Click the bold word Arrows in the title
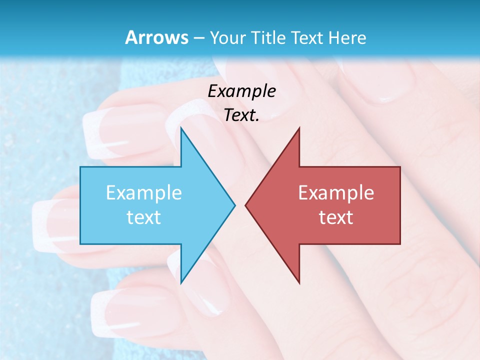(156, 37)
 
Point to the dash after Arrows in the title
(198, 38)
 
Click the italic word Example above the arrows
(241, 91)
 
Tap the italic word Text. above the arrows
(241, 115)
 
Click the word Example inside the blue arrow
(144, 192)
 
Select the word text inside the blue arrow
(144, 217)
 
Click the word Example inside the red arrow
(336, 192)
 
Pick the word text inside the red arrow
(336, 217)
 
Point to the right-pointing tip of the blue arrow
(234, 204)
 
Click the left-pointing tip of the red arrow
(246, 204)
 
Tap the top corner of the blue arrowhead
(181, 129)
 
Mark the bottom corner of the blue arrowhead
(181, 282)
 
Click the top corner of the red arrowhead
(299, 129)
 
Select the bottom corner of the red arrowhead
(299, 282)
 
